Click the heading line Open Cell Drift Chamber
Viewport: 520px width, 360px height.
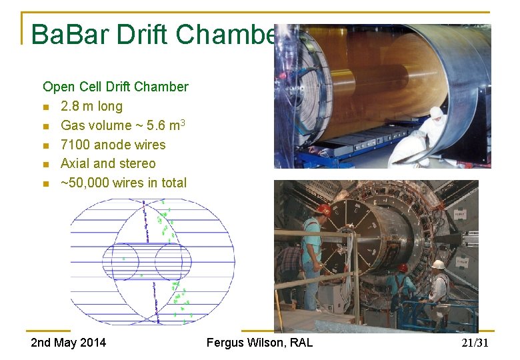(115, 87)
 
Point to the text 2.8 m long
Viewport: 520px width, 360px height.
(91, 106)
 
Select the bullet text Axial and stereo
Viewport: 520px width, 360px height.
(108, 163)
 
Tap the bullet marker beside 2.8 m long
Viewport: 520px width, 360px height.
(45, 107)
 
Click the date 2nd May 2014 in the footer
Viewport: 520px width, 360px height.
(69, 343)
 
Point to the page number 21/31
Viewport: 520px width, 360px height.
(475, 343)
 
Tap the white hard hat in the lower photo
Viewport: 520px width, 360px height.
(438, 265)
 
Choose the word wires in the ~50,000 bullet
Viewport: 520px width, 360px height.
(139, 183)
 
